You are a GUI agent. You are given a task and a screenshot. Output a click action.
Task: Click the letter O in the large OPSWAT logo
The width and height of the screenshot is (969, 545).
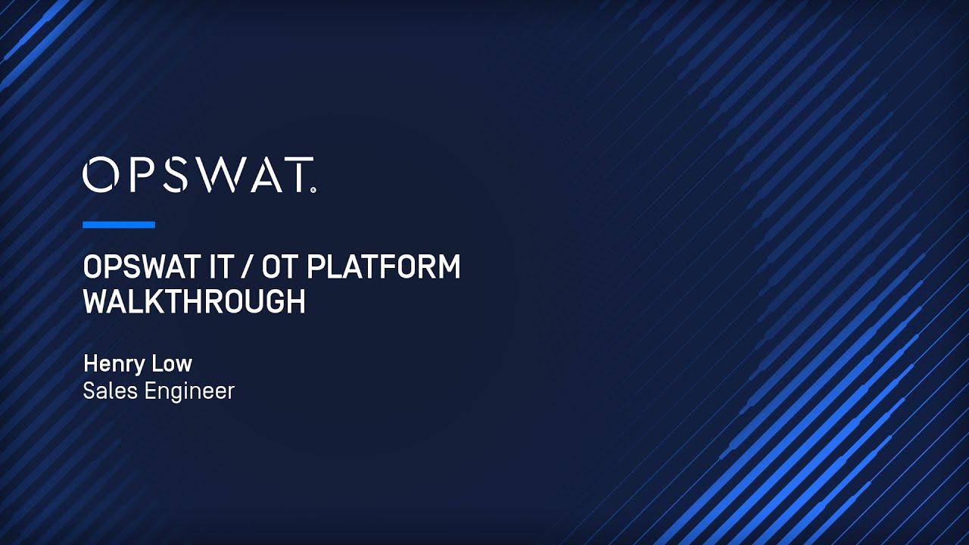[x=100, y=175]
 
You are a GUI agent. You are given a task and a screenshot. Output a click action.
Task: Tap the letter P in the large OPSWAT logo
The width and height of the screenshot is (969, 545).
[x=139, y=175]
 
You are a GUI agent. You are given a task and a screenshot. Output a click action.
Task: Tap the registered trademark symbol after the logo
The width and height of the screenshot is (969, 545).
[x=313, y=189]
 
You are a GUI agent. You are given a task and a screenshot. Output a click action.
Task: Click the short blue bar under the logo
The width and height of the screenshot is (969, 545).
[x=119, y=225]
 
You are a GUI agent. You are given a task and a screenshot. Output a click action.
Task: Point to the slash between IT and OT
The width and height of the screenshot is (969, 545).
[x=246, y=267]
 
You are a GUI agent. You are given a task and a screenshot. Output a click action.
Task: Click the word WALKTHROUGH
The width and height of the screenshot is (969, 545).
[x=195, y=302]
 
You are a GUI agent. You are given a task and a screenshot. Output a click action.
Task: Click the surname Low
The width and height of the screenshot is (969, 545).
[x=173, y=364]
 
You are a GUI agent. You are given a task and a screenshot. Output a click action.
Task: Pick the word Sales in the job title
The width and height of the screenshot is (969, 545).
[x=105, y=391]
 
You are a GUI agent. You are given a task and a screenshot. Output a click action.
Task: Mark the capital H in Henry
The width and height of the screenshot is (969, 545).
[x=90, y=364]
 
